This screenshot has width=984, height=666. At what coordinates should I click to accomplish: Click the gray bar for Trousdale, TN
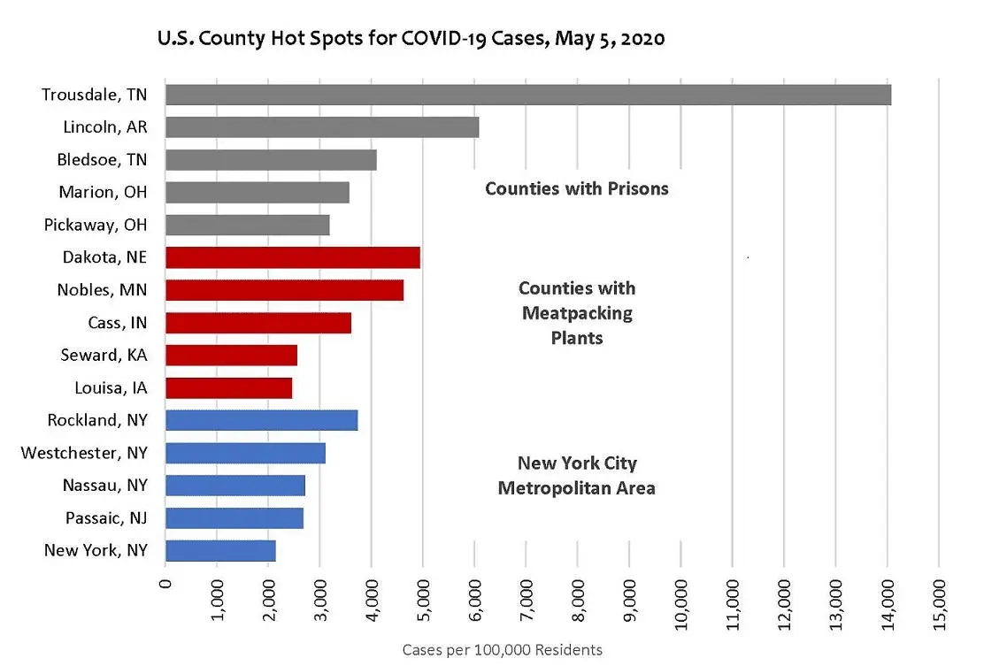(527, 95)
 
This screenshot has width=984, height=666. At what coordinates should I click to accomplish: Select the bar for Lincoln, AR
(322, 127)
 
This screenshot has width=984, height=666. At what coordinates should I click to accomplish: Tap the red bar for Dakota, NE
(292, 257)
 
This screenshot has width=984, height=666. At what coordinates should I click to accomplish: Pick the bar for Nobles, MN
(284, 290)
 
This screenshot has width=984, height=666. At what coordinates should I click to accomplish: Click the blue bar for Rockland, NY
(261, 420)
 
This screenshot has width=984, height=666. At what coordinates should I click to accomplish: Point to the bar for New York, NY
(220, 550)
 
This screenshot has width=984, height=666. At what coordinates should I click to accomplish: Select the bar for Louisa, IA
(228, 387)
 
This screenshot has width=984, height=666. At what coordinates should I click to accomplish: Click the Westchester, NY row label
(84, 453)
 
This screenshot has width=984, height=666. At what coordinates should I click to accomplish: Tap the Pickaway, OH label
(96, 225)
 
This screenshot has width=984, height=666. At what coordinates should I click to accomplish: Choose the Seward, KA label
(104, 355)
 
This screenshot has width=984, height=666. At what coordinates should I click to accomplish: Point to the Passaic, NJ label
(106, 517)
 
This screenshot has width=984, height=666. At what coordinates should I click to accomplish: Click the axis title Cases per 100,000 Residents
(502, 650)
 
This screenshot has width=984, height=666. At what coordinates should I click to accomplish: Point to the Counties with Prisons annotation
(577, 188)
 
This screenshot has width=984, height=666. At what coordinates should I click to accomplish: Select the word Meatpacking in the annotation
(577, 313)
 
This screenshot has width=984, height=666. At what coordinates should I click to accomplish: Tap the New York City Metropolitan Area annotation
(577, 476)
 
